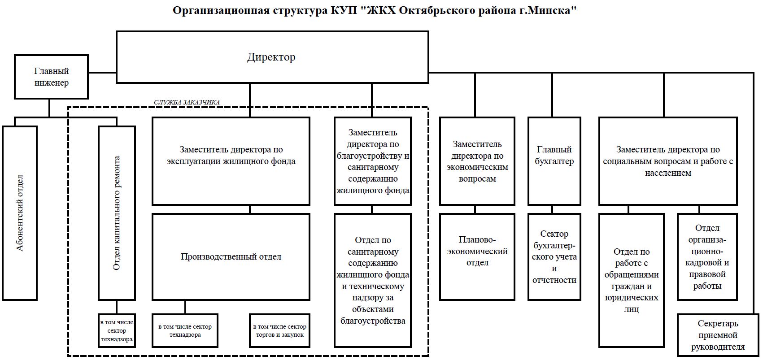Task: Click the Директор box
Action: pyautogui.click(x=272, y=57)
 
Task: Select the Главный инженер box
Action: pyautogui.click(x=52, y=77)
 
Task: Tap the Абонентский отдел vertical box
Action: pyautogui.click(x=20, y=213)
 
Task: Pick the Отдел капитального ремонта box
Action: pyautogui.click(x=117, y=213)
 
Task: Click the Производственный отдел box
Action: pyautogui.click(x=231, y=257)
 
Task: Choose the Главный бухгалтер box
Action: pyautogui.click(x=554, y=161)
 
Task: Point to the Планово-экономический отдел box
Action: pyautogui.click(x=477, y=257)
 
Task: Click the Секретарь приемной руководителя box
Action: pyautogui.click(x=718, y=335)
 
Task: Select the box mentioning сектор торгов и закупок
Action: pyautogui.click(x=279, y=331)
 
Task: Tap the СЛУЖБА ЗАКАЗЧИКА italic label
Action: pyautogui.click(x=187, y=102)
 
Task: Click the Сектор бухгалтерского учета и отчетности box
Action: pyautogui.click(x=554, y=257)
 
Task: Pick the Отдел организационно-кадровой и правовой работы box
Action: pyautogui.click(x=707, y=257)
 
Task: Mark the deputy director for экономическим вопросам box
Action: pyautogui.click(x=477, y=161)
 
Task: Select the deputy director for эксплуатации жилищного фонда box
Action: pyautogui.click(x=231, y=161)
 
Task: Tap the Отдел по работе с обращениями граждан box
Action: pyautogui.click(x=632, y=280)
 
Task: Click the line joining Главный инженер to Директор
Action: pyautogui.click(x=102, y=72)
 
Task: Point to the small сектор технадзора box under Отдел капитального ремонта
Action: pyautogui.click(x=117, y=331)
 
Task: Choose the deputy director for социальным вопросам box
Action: pyautogui.click(x=668, y=161)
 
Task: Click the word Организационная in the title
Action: pyautogui.click(x=221, y=11)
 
